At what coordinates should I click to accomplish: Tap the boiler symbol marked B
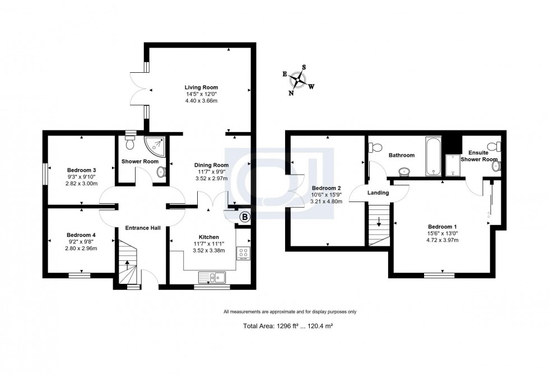(244, 217)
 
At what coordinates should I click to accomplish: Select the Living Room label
(202, 87)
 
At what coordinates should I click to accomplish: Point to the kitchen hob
(244, 253)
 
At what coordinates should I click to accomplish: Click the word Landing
(378, 193)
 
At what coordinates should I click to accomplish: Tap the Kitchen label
(208, 237)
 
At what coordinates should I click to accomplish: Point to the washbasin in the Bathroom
(403, 171)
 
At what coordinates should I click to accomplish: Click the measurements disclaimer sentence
(290, 312)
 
